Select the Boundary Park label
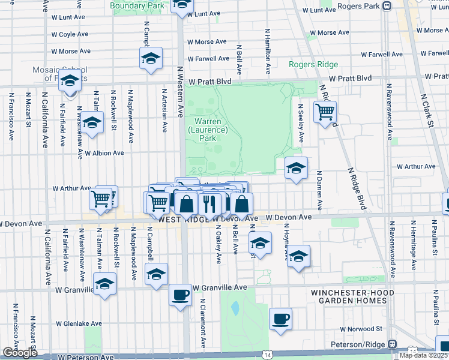coord(137,6)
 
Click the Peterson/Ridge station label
coord(360,344)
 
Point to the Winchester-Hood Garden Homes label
coord(352,296)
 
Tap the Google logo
coord(20,353)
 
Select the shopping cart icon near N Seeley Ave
coord(325,111)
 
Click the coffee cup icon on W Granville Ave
coord(180,295)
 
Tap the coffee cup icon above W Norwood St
coord(280,318)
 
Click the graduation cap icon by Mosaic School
coord(70,80)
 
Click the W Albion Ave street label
coord(104,153)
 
